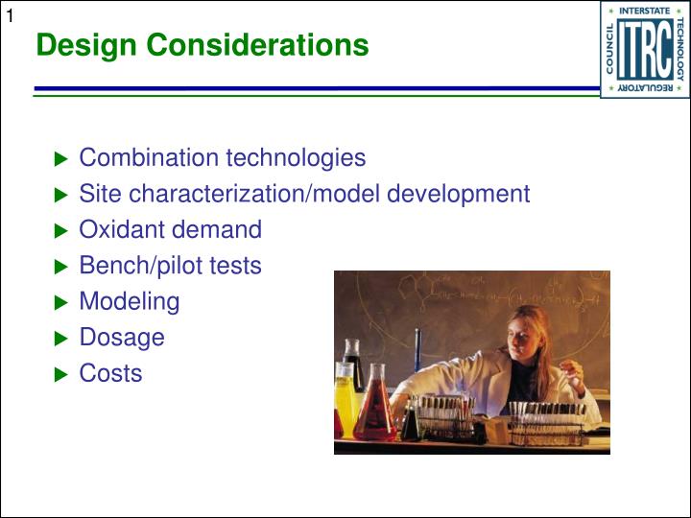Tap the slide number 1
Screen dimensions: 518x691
(10, 12)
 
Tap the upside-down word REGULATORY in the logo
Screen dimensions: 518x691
(644, 88)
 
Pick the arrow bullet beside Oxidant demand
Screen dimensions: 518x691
(61, 231)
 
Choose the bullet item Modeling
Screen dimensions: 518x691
(129, 301)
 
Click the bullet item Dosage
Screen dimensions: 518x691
(121, 338)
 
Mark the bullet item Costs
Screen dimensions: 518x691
(110, 373)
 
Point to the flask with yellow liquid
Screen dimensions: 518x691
(345, 403)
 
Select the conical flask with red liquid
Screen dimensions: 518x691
(374, 412)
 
